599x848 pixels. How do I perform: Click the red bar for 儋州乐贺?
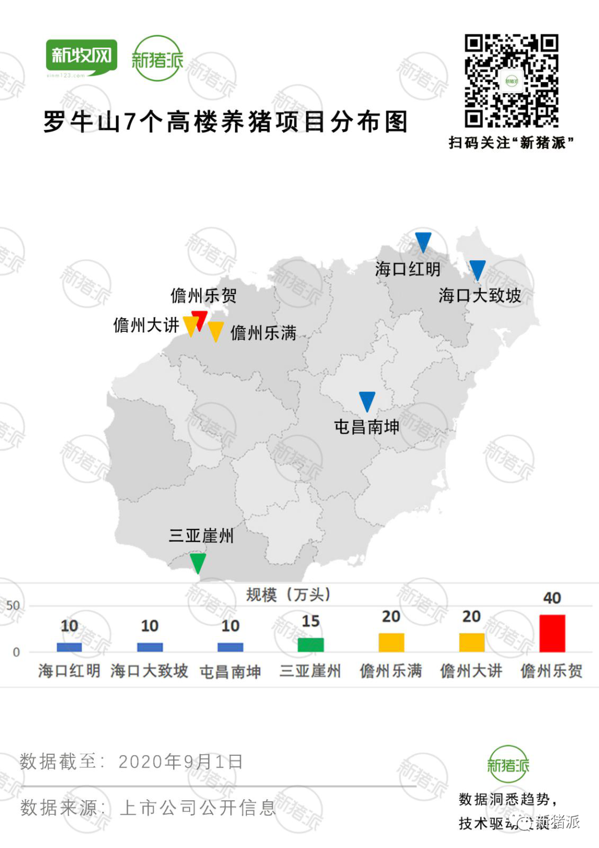tap(552, 633)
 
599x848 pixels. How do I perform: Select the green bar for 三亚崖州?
tap(311, 645)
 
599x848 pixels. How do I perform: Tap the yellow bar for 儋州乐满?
tap(391, 643)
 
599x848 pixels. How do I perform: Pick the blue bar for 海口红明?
tap(69, 647)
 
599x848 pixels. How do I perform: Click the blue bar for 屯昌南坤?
tap(230, 647)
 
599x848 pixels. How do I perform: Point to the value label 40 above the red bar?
tap(552, 598)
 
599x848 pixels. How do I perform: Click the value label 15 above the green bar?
tap(311, 621)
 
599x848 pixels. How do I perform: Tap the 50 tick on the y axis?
tap(13, 605)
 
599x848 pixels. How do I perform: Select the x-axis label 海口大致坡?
tap(149, 671)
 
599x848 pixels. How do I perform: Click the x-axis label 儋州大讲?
tap(471, 671)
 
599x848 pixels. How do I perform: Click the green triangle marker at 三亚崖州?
tap(197, 562)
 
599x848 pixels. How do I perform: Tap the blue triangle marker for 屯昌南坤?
tap(367, 401)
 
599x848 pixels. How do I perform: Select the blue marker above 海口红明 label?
tap(423, 241)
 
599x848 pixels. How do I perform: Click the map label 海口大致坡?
tap(480, 295)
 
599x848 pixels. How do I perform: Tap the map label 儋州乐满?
tap(263, 333)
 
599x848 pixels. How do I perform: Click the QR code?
tap(511, 81)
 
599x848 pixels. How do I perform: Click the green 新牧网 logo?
tap(82, 57)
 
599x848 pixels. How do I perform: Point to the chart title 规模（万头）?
tap(288, 595)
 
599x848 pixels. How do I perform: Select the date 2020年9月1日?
tap(180, 761)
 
